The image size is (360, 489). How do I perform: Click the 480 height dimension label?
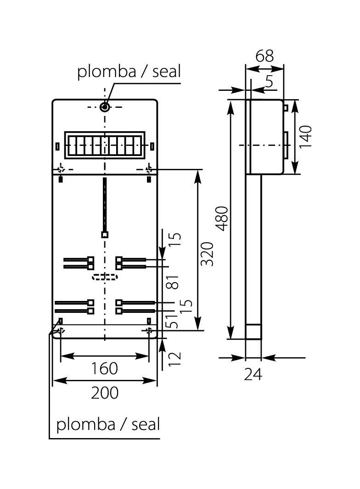tap(222, 219)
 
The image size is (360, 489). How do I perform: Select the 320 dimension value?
tap(208, 254)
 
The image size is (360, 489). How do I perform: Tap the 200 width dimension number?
tap(104, 393)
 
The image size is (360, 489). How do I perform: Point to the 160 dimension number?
tap(104, 368)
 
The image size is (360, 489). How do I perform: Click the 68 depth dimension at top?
tap(264, 56)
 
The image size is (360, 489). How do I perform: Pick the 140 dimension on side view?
tap(305, 136)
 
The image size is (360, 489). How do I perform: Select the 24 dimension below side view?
tap(253, 374)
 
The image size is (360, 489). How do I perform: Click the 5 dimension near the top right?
tap(269, 82)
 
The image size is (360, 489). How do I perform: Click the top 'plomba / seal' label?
tap(129, 72)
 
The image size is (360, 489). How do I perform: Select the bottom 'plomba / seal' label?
tap(108, 424)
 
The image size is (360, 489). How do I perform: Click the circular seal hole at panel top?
tap(105, 107)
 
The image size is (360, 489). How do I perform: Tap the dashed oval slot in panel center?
tap(105, 277)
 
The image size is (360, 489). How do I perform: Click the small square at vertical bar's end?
tap(105, 234)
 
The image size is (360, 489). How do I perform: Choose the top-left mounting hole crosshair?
tap(61, 169)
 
